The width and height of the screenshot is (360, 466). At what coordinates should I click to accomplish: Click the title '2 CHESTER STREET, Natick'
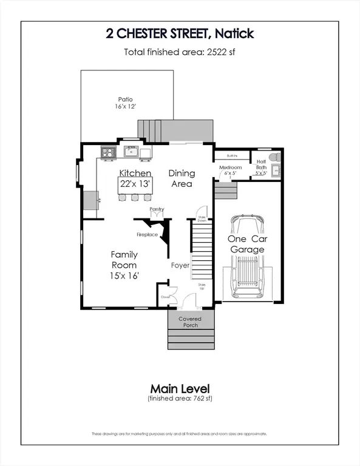click(180, 33)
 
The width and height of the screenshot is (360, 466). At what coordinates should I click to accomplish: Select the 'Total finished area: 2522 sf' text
click(180, 52)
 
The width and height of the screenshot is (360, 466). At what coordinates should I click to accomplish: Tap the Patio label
click(126, 103)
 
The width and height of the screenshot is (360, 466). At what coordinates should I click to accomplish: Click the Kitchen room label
click(135, 173)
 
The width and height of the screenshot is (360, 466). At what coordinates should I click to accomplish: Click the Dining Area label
click(181, 178)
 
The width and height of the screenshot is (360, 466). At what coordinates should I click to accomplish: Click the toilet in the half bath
click(274, 157)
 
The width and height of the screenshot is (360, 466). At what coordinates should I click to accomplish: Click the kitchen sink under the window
click(132, 152)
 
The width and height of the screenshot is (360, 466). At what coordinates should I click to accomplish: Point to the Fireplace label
click(147, 234)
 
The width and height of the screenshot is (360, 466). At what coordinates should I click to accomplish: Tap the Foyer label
click(180, 265)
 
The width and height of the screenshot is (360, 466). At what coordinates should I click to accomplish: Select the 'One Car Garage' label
click(246, 244)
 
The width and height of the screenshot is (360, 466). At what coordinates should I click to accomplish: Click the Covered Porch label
click(189, 322)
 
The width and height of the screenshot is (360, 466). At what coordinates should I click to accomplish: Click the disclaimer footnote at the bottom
click(180, 434)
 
